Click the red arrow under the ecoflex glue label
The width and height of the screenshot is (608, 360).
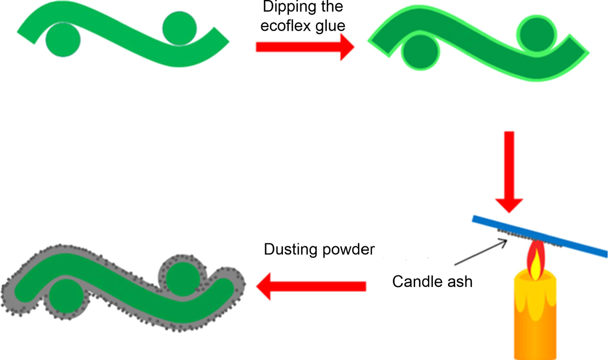(x=304, y=47)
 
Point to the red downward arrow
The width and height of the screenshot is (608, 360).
(x=509, y=171)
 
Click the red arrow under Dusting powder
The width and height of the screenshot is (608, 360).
(x=311, y=286)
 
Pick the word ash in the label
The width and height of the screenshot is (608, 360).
(x=460, y=282)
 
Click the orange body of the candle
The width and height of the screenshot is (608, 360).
(x=535, y=321)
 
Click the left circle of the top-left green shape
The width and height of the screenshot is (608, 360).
(x=63, y=40)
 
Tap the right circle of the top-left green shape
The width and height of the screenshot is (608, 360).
(x=180, y=28)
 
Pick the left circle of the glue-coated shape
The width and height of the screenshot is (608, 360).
(x=421, y=52)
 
